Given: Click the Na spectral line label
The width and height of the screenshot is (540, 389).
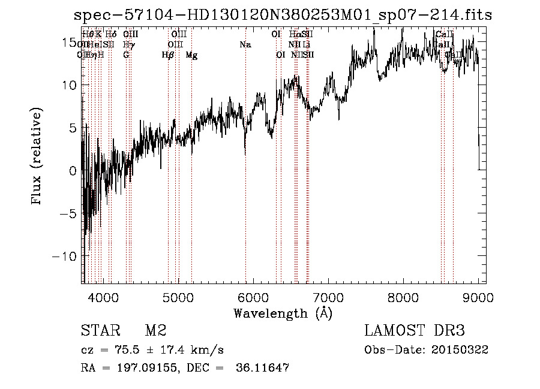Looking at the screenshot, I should pyautogui.click(x=245, y=44).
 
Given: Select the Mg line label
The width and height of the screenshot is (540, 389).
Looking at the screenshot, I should pyautogui.click(x=191, y=55).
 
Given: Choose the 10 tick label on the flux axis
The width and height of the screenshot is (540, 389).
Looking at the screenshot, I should pyautogui.click(x=70, y=85).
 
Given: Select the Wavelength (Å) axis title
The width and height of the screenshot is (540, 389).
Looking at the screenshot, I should pyautogui.click(x=283, y=313).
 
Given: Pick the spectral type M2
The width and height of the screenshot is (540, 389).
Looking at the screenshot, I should pyautogui.click(x=155, y=331).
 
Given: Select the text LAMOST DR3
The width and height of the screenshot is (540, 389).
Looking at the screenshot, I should pyautogui.click(x=415, y=331).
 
